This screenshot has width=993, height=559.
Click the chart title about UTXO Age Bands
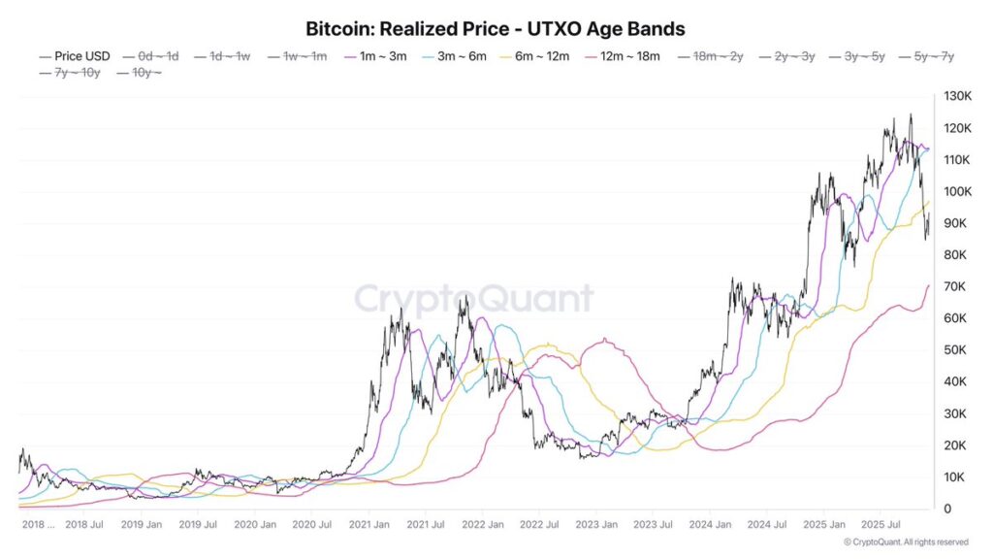(496, 29)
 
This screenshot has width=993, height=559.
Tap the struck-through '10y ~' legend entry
(140, 74)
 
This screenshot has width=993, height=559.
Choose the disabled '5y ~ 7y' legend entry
(927, 57)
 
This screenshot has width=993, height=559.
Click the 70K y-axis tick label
(952, 286)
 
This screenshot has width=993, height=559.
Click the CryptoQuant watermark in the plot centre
(473, 298)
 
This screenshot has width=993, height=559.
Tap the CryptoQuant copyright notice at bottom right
(906, 542)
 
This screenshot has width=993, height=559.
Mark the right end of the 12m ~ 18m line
(928, 285)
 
